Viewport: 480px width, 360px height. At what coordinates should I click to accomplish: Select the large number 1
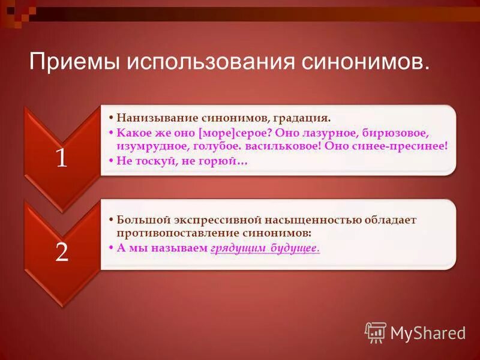pyautogui.click(x=62, y=158)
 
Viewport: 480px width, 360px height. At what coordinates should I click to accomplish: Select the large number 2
pyautogui.click(x=62, y=252)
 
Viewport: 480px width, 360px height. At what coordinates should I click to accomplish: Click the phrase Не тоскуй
pyautogui.click(x=144, y=161)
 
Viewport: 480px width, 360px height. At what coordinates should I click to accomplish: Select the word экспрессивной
pyautogui.click(x=213, y=220)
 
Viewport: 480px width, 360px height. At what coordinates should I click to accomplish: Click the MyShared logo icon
pyautogui.click(x=376, y=332)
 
